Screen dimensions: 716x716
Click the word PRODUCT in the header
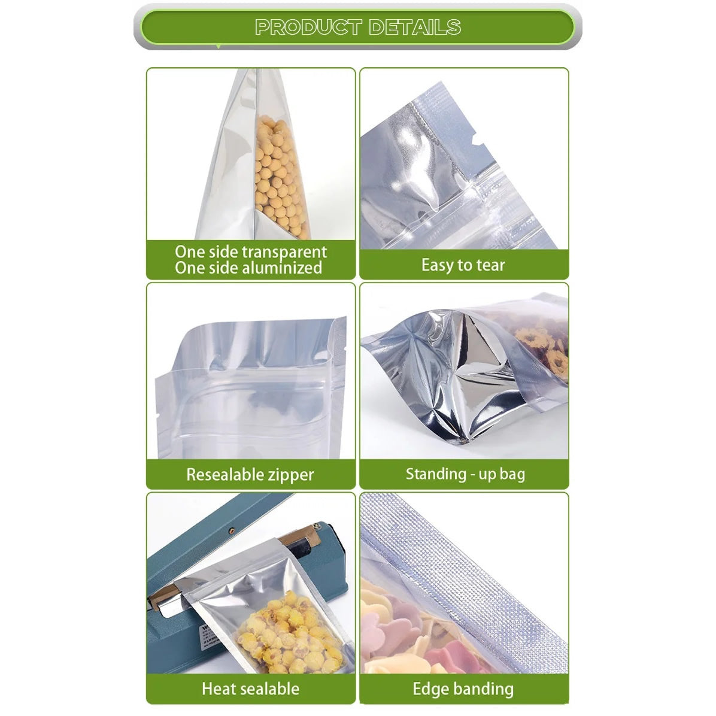click(308, 27)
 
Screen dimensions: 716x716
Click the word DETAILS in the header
click(414, 27)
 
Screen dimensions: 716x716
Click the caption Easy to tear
click(463, 265)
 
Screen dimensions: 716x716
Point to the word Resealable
click(222, 475)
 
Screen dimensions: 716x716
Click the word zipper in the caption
click(291, 475)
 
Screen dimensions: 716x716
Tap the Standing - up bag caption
click(465, 474)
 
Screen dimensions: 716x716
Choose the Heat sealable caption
click(250, 688)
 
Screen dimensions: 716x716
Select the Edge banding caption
click(463, 688)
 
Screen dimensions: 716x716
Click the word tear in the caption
click(490, 265)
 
